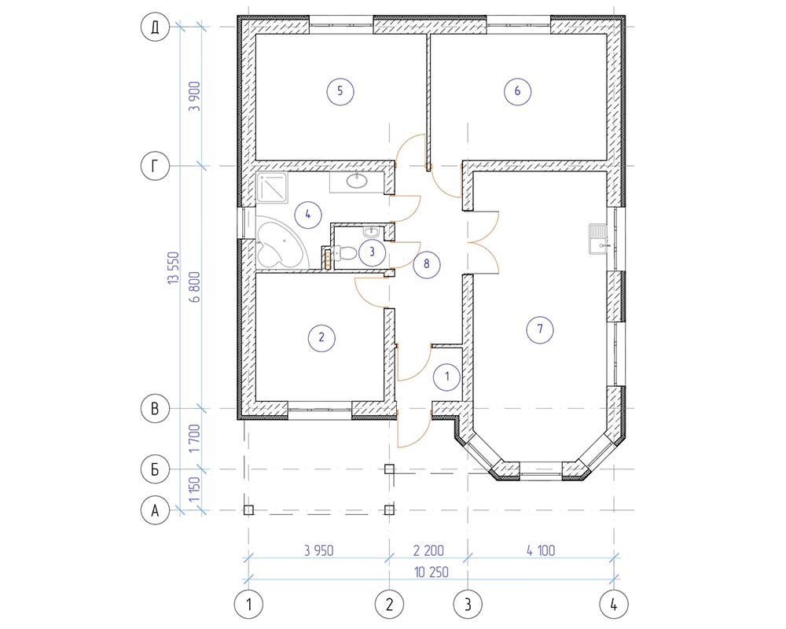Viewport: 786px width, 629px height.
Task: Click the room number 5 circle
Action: pyautogui.click(x=340, y=91)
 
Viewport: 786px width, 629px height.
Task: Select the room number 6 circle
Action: pyautogui.click(x=517, y=91)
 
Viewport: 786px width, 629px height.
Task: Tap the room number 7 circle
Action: pyautogui.click(x=540, y=329)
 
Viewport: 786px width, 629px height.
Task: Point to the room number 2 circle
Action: pyautogui.click(x=321, y=337)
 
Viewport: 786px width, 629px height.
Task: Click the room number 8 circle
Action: pyautogui.click(x=427, y=264)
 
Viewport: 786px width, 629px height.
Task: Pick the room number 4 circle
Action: pyautogui.click(x=308, y=215)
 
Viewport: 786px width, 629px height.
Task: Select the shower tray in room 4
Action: pyautogui.click(x=272, y=188)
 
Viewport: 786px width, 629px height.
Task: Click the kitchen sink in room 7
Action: pyautogui.click(x=598, y=239)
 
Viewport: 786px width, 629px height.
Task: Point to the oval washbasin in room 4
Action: pyautogui.click(x=356, y=181)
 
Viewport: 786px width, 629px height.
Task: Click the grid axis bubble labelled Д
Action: pyautogui.click(x=155, y=27)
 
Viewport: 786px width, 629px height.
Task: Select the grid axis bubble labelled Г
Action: pyautogui.click(x=155, y=166)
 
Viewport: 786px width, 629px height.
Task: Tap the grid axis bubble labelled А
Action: pyautogui.click(x=155, y=510)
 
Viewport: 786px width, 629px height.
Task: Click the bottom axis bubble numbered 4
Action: pyautogui.click(x=614, y=605)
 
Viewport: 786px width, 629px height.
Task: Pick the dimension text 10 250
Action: pyautogui.click(x=432, y=572)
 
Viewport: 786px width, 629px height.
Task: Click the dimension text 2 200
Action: pyautogui.click(x=428, y=550)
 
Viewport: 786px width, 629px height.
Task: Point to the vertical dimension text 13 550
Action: pyautogui.click(x=174, y=268)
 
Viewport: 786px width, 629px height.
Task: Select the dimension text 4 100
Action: pyautogui.click(x=541, y=550)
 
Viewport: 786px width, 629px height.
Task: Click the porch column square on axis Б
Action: pyautogui.click(x=389, y=469)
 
